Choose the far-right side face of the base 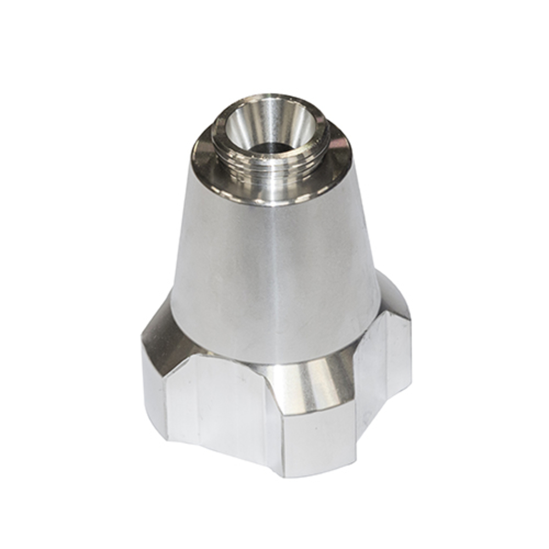click(384, 379)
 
